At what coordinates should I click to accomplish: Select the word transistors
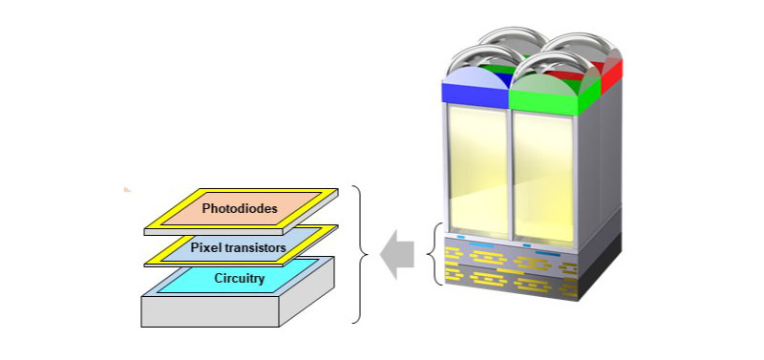click(257, 247)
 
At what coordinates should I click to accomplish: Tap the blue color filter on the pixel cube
click(474, 93)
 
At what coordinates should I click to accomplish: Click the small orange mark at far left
click(126, 189)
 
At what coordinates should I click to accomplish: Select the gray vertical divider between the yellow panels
click(512, 172)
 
